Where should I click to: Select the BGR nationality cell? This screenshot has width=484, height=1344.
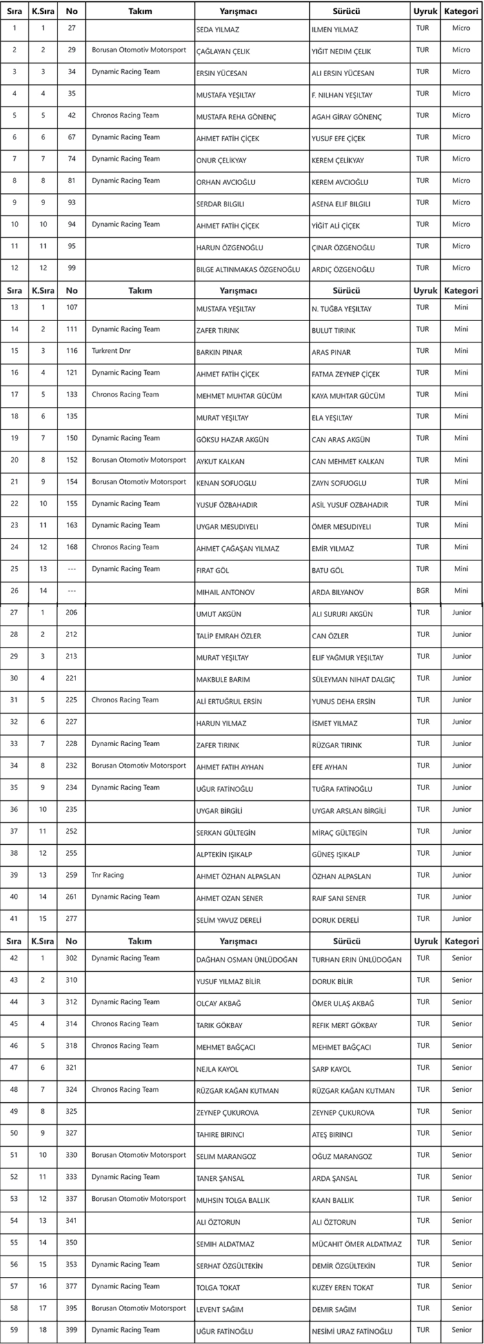tap(423, 591)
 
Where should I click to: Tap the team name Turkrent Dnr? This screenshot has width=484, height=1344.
tap(111, 351)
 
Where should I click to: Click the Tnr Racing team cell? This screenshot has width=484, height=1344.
tap(108, 875)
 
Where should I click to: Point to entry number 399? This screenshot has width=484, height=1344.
tap(71, 1330)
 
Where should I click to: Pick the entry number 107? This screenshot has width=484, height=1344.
tap(71, 307)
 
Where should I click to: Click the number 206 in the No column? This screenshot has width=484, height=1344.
tap(71, 613)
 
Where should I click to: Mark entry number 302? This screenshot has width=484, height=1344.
tap(71, 958)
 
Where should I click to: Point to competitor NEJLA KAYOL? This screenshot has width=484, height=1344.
tap(217, 1069)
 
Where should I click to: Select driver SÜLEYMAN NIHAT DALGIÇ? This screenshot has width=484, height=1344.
tap(353, 680)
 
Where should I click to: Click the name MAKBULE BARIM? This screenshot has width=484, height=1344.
tap(223, 680)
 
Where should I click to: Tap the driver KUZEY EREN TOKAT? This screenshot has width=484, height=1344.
tap(343, 1287)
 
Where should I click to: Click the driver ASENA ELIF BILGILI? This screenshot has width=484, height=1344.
tap(341, 204)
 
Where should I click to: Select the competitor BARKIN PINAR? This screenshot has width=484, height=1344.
tap(219, 353)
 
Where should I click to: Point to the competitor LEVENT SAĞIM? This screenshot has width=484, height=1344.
tap(219, 1309)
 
